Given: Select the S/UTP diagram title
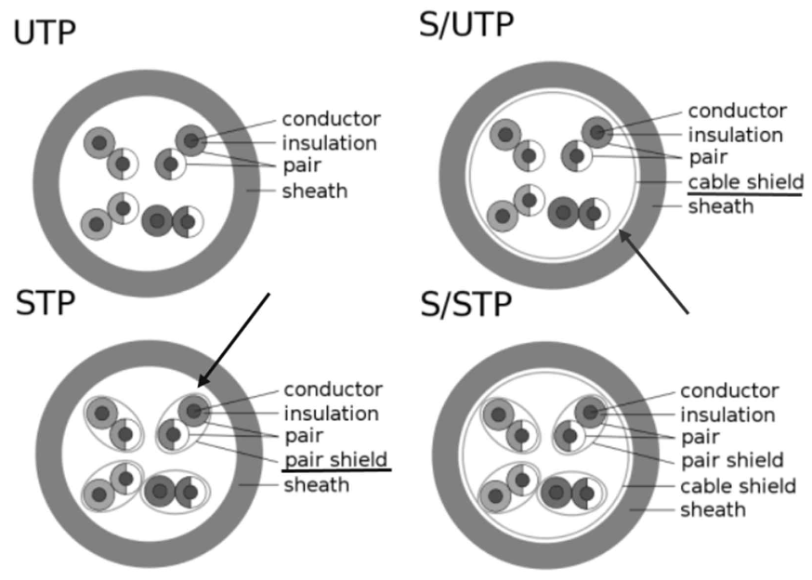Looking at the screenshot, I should [x=466, y=24].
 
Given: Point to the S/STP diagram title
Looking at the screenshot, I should [x=466, y=304].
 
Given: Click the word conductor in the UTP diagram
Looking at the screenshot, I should [x=332, y=119].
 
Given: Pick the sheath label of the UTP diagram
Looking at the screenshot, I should [x=315, y=191].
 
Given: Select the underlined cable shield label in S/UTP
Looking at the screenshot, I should [x=745, y=181].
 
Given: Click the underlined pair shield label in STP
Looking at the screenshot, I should [x=335, y=460].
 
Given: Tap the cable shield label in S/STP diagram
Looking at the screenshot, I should [x=738, y=486].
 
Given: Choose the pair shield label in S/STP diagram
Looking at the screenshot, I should [x=732, y=460].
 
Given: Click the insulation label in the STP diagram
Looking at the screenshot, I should [x=331, y=413].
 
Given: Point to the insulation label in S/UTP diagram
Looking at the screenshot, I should [x=735, y=135].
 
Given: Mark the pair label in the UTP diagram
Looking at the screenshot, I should [x=302, y=166].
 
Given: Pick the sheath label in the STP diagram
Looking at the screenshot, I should [x=316, y=484].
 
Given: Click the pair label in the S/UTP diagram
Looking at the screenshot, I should [x=707, y=157].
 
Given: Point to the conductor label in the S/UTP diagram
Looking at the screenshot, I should [x=737, y=111].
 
